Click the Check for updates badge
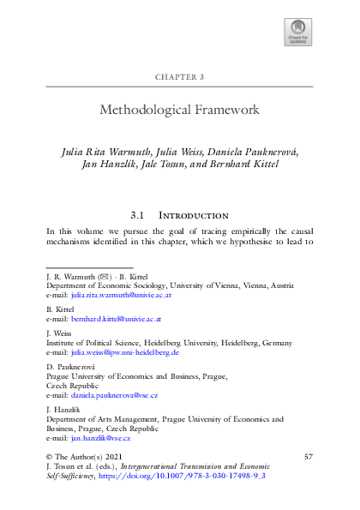298,31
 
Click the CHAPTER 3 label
179,77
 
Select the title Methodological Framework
179,111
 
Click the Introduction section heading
199,214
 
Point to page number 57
309,458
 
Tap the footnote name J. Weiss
57,332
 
